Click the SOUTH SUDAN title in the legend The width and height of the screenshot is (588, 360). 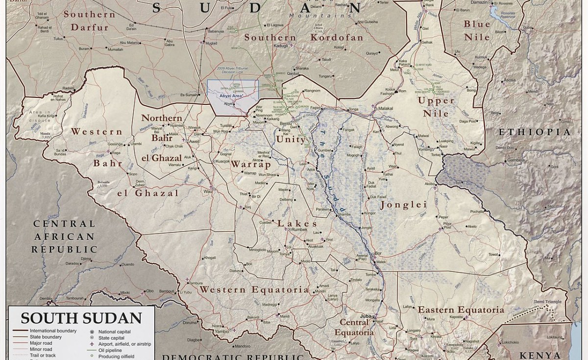click(x=81, y=318)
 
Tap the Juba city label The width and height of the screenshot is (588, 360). click(x=365, y=316)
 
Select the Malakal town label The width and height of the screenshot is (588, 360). click(x=386, y=108)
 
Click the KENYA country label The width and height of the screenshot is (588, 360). click(x=539, y=355)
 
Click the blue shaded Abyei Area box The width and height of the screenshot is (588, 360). click(x=232, y=97)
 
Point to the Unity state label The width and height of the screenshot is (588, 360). click(x=291, y=139)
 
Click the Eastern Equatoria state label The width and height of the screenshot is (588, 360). click(x=460, y=310)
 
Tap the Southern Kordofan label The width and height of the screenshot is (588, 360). click(x=304, y=38)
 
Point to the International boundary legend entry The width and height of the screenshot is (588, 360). click(x=51, y=331)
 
